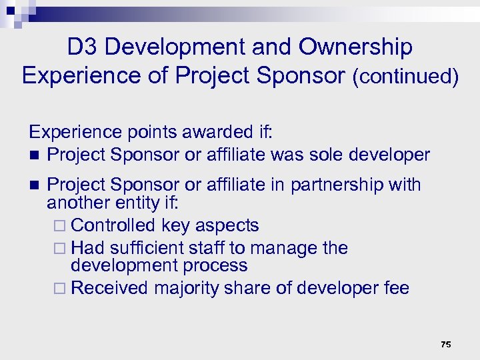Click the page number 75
tap(446, 345)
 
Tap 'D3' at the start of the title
tap(83, 47)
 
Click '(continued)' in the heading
tap(405, 76)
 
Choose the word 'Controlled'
tap(113, 225)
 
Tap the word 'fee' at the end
tap(396, 288)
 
